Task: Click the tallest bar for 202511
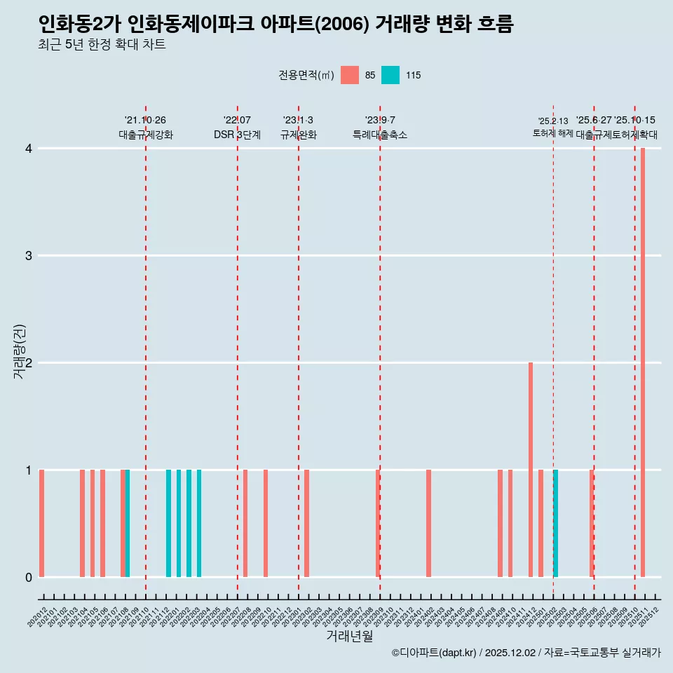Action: (643, 362)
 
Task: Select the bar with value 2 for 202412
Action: (531, 470)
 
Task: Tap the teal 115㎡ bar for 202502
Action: (556, 523)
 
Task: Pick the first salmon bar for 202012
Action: (42, 523)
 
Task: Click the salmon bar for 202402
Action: (428, 523)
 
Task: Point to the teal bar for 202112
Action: (169, 523)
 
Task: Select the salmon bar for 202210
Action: (266, 523)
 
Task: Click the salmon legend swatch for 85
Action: (350, 75)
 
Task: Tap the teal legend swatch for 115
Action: (390, 75)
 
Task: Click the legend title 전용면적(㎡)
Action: (306, 75)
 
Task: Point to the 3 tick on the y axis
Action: (29, 255)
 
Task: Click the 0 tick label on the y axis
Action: (29, 577)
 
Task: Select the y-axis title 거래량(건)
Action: (19, 352)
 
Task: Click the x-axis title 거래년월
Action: (349, 636)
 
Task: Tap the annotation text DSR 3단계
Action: (237, 135)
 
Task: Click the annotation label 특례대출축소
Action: (379, 135)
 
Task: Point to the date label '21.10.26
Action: (145, 120)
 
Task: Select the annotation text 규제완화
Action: (298, 135)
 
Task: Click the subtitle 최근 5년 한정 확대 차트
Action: (102, 46)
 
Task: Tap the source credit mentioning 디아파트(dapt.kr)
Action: (526, 653)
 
